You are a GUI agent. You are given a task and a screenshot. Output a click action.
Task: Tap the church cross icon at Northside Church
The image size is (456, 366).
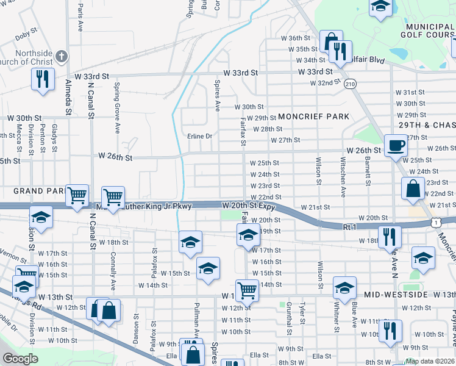pos(61,57)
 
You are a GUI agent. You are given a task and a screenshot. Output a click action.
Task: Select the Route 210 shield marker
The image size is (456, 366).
pos(349,83)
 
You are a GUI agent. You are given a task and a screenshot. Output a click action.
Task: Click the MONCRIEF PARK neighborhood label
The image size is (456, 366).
pos(313,117)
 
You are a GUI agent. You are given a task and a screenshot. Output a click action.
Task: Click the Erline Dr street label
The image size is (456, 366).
pos(199,136)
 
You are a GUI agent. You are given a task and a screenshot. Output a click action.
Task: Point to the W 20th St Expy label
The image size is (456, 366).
pos(249,207)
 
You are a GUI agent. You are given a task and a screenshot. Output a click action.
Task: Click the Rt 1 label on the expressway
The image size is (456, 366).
pos(349,226)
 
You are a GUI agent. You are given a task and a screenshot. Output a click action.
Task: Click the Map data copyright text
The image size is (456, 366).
pos(430,361)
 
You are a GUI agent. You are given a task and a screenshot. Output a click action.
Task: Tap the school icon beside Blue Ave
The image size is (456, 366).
pos(344,287)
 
